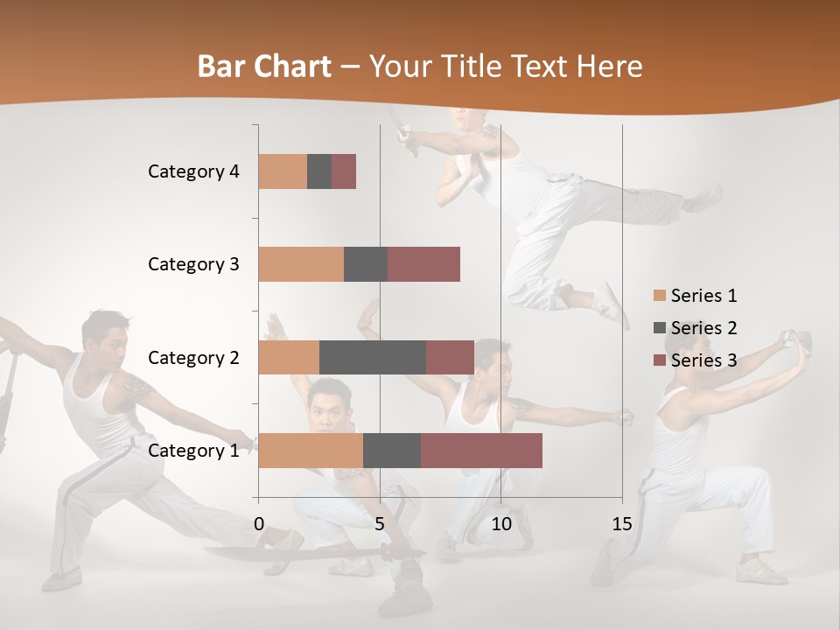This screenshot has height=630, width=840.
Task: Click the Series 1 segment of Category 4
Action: tap(283, 171)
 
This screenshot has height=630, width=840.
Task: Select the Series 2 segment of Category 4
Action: tap(319, 171)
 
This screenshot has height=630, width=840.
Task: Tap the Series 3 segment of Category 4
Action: tap(344, 171)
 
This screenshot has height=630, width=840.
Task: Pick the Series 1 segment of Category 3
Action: tap(301, 264)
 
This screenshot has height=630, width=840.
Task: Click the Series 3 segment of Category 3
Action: tap(423, 264)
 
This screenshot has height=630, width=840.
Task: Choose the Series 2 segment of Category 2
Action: tap(373, 357)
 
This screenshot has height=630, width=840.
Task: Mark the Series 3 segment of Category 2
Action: tap(450, 357)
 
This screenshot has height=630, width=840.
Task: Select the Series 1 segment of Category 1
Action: tap(311, 451)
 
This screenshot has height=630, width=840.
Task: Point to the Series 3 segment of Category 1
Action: tap(481, 451)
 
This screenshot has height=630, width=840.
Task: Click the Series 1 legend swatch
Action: tap(660, 296)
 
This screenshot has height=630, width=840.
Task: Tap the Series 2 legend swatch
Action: tap(660, 328)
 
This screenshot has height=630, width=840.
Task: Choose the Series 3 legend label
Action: tap(703, 360)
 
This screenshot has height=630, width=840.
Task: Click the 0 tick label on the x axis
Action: tap(259, 525)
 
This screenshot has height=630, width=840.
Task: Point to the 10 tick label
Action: tap(500, 525)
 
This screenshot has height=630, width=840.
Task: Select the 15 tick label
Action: tap(621, 525)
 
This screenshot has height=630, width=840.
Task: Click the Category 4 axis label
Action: tap(193, 171)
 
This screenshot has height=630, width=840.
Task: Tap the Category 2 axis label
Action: tap(193, 358)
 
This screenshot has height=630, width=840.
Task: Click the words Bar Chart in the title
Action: tap(264, 66)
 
